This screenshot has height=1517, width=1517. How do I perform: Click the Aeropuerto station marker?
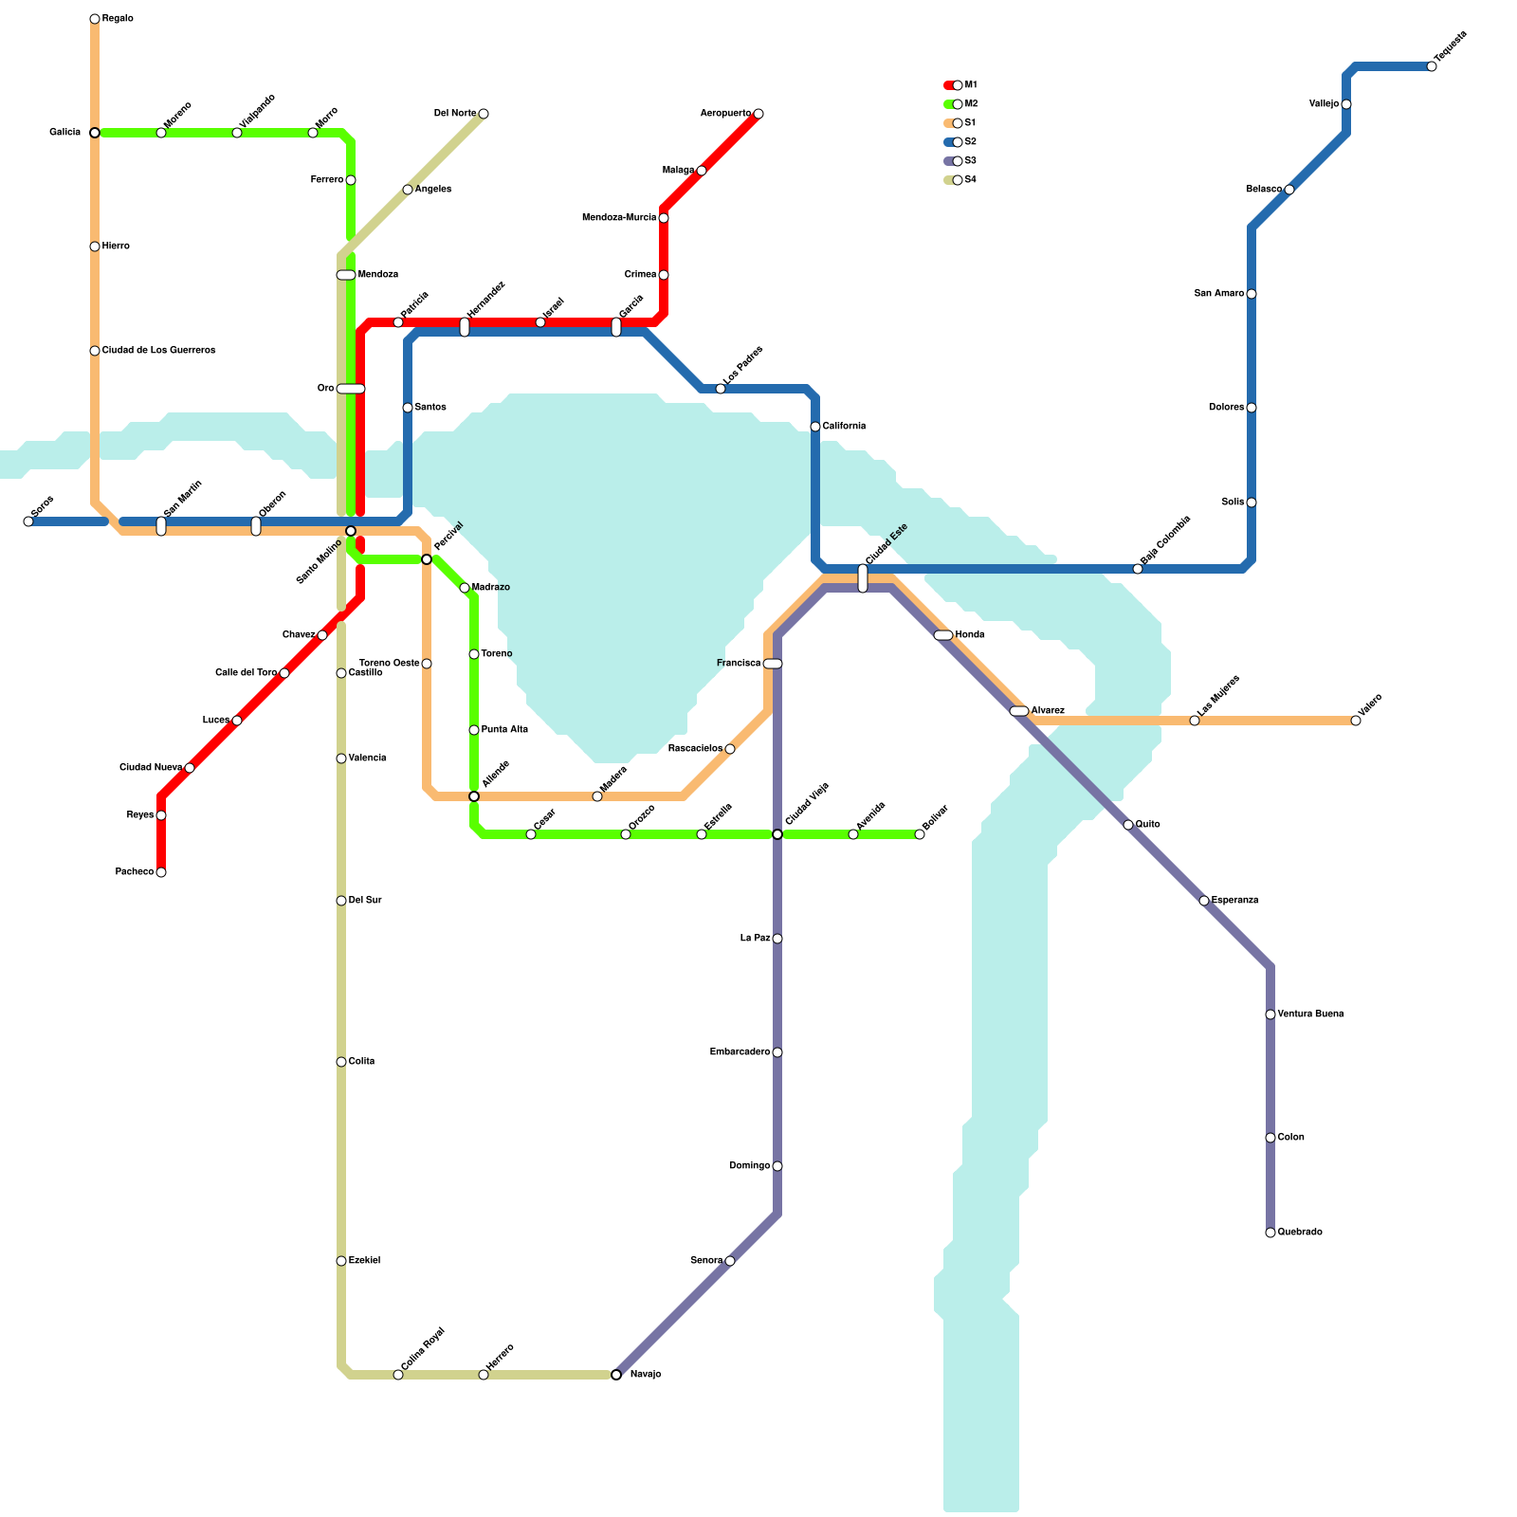coord(758,114)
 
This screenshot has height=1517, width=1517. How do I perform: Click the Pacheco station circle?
coord(161,872)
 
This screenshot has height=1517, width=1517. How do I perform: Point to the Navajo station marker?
coord(616,1375)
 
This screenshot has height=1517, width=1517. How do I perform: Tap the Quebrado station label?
coord(1300,1233)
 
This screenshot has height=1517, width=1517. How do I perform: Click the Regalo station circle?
coord(95,19)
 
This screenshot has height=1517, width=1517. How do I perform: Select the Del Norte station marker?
coord(484,114)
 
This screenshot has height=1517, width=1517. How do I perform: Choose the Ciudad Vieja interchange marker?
coord(777,834)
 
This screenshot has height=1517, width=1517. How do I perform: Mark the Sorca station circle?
coord(28,521)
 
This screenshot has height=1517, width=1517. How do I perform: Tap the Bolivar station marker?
coord(920,834)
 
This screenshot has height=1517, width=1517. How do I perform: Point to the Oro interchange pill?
coord(351,389)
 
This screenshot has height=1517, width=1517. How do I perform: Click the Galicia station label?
coord(65,133)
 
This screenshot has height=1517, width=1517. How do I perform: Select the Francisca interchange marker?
coord(773,664)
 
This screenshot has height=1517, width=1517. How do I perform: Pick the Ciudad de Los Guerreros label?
coord(158,351)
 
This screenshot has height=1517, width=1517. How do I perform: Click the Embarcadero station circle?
coord(777,1052)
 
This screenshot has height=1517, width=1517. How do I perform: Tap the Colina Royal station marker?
coord(398,1375)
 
